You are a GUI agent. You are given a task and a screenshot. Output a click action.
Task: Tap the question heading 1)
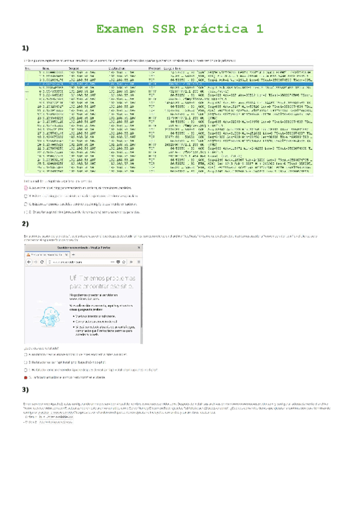tap(26, 49)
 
